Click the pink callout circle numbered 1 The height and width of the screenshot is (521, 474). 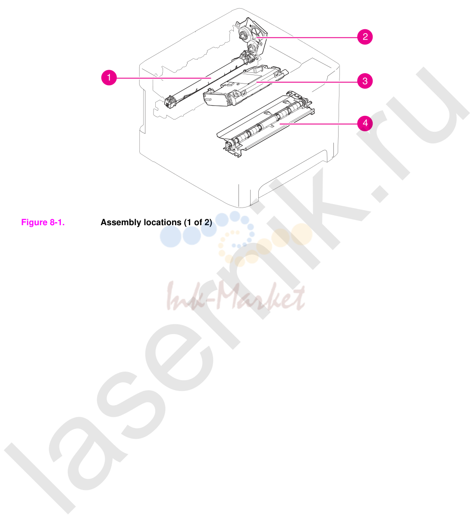click(109, 78)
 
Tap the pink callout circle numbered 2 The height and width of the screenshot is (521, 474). click(365, 37)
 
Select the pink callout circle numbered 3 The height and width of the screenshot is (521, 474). click(365, 81)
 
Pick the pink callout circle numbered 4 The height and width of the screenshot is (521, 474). click(365, 123)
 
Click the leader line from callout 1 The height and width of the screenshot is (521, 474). click(164, 78)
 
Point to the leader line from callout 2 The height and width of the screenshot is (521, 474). click(307, 37)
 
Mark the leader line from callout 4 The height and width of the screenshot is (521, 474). click(318, 124)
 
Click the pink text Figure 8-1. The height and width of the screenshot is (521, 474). click(43, 222)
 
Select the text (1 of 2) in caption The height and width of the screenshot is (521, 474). click(198, 222)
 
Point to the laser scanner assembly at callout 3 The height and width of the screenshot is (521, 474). click(244, 86)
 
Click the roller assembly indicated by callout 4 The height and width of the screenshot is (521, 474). click(265, 125)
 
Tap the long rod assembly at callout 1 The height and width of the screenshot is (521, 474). click(211, 79)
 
